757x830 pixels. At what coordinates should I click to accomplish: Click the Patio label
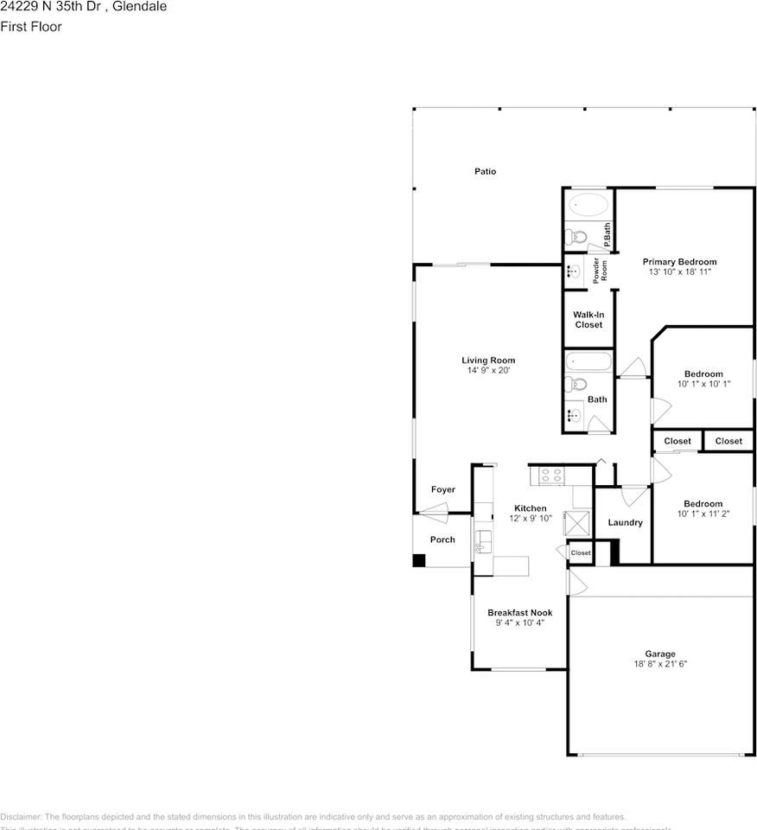pyautogui.click(x=485, y=171)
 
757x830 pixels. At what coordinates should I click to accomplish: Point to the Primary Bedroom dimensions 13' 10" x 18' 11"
pyautogui.click(x=679, y=271)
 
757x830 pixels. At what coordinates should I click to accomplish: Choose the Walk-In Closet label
pyautogui.click(x=588, y=319)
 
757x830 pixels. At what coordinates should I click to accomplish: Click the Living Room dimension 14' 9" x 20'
pyautogui.click(x=488, y=370)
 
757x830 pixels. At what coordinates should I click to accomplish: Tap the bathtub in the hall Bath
pyautogui.click(x=588, y=362)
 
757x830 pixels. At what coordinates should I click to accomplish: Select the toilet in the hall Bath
pyautogui.click(x=576, y=386)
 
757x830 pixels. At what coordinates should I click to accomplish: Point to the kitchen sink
pyautogui.click(x=482, y=542)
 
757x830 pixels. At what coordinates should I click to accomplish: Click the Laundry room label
pyautogui.click(x=625, y=522)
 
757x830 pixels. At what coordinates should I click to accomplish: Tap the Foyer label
pyautogui.click(x=443, y=489)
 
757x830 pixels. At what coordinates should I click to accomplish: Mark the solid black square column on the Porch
pyautogui.click(x=419, y=560)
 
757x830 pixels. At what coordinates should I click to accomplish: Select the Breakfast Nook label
pyautogui.click(x=519, y=612)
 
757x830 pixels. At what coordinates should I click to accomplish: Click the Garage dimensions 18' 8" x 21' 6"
pyautogui.click(x=660, y=664)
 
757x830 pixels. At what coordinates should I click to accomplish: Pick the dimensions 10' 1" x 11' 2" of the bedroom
pyautogui.click(x=703, y=514)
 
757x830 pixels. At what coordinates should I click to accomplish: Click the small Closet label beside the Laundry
pyautogui.click(x=581, y=552)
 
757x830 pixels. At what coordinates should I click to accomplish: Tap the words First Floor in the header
pyautogui.click(x=31, y=27)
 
